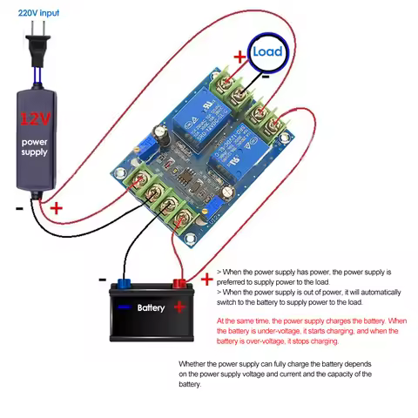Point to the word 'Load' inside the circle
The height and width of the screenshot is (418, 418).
tap(266, 51)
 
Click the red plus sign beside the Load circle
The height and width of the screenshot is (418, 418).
tap(239, 57)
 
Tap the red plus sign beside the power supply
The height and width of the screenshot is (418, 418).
tap(57, 208)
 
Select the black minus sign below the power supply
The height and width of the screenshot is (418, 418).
tap(18, 209)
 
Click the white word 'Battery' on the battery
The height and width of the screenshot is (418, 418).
tap(151, 307)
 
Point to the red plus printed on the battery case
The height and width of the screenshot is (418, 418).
tap(179, 306)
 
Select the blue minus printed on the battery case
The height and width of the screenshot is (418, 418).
tap(125, 307)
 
